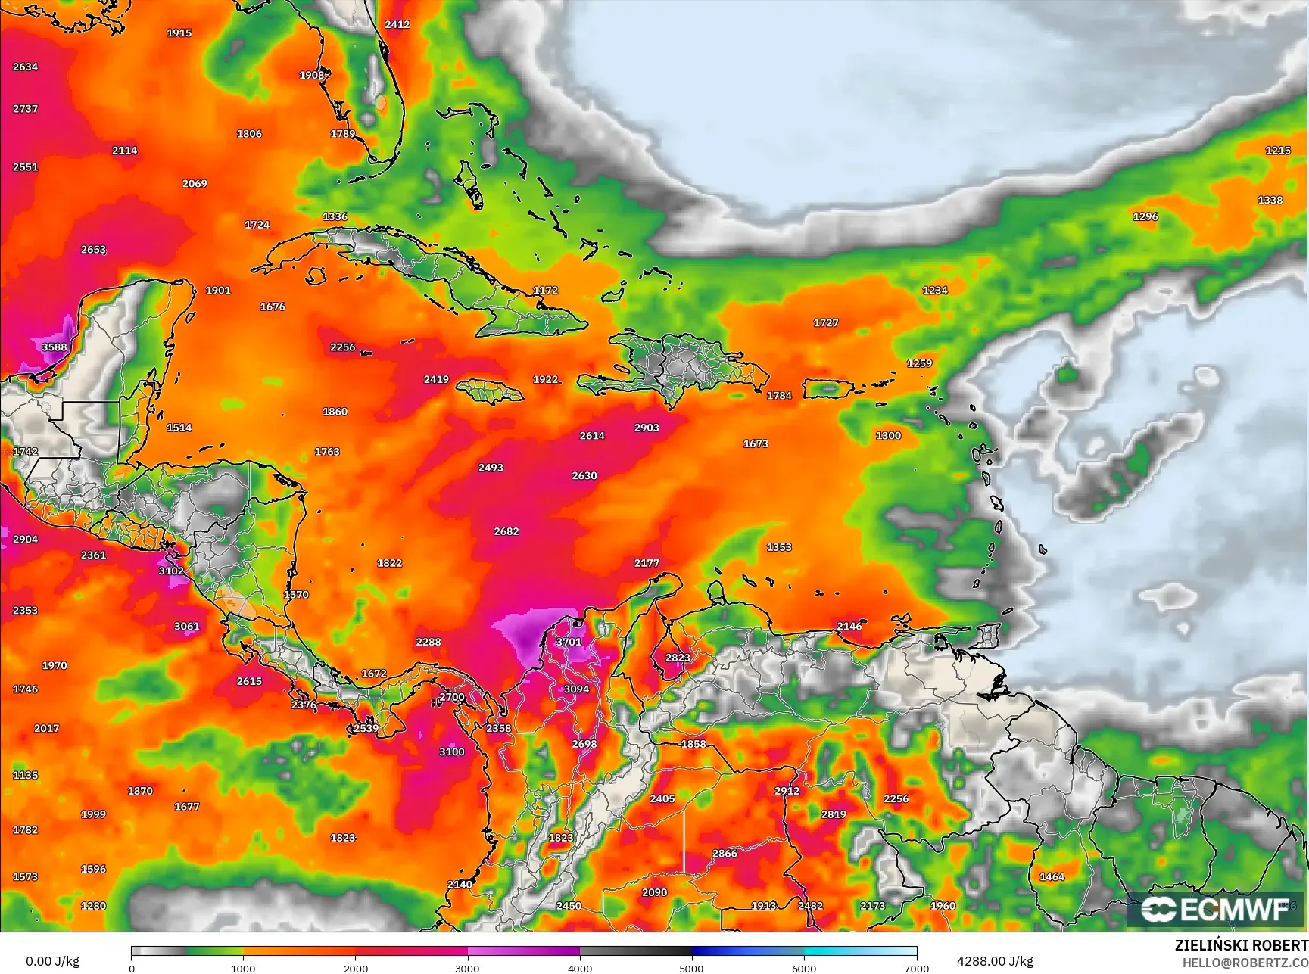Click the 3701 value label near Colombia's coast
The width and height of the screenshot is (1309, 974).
pyautogui.click(x=569, y=642)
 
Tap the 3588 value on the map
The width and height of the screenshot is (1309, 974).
pyautogui.click(x=54, y=347)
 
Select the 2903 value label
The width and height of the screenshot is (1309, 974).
pyautogui.click(x=647, y=428)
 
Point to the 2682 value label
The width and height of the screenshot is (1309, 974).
pyautogui.click(x=506, y=531)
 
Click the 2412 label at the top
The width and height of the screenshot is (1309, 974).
pyautogui.click(x=397, y=24)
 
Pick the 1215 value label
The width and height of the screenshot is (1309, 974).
pyautogui.click(x=1278, y=151)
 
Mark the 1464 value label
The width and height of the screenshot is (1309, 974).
pyautogui.click(x=1052, y=876)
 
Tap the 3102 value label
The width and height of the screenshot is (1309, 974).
pyautogui.click(x=171, y=571)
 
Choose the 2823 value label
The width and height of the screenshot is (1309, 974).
pyautogui.click(x=678, y=658)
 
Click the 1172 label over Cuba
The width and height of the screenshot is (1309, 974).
pyautogui.click(x=545, y=290)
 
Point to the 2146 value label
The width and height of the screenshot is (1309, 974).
pyautogui.click(x=849, y=626)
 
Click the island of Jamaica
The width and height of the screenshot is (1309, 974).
pyautogui.click(x=491, y=391)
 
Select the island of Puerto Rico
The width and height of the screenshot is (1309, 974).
pyautogui.click(x=829, y=389)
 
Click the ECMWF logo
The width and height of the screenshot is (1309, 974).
pyautogui.click(x=1215, y=910)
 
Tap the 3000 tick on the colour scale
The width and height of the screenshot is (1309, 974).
pyautogui.click(x=468, y=968)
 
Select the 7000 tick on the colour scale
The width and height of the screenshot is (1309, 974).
pyautogui.click(x=916, y=968)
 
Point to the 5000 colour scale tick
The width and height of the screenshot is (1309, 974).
pyautogui.click(x=691, y=968)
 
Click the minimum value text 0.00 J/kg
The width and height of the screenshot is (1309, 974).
pyautogui.click(x=52, y=961)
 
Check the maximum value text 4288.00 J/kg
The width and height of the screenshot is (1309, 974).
pyautogui.click(x=995, y=961)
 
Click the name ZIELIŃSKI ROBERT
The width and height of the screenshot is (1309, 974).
pyautogui.click(x=1241, y=945)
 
